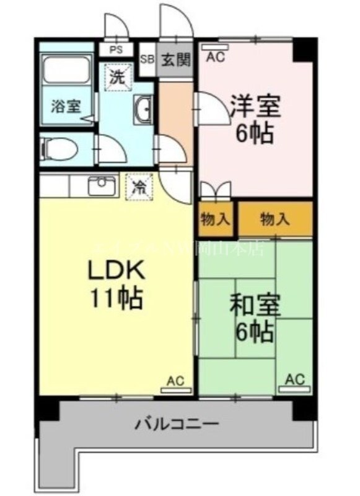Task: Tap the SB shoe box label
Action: point(147,60)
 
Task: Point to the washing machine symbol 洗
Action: point(118,77)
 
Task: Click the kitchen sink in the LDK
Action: point(103,185)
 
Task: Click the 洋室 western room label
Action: point(255,106)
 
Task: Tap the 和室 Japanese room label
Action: point(255,305)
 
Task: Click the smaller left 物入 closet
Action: point(216,219)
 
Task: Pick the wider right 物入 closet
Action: point(275,219)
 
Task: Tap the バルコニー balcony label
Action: point(177,425)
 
